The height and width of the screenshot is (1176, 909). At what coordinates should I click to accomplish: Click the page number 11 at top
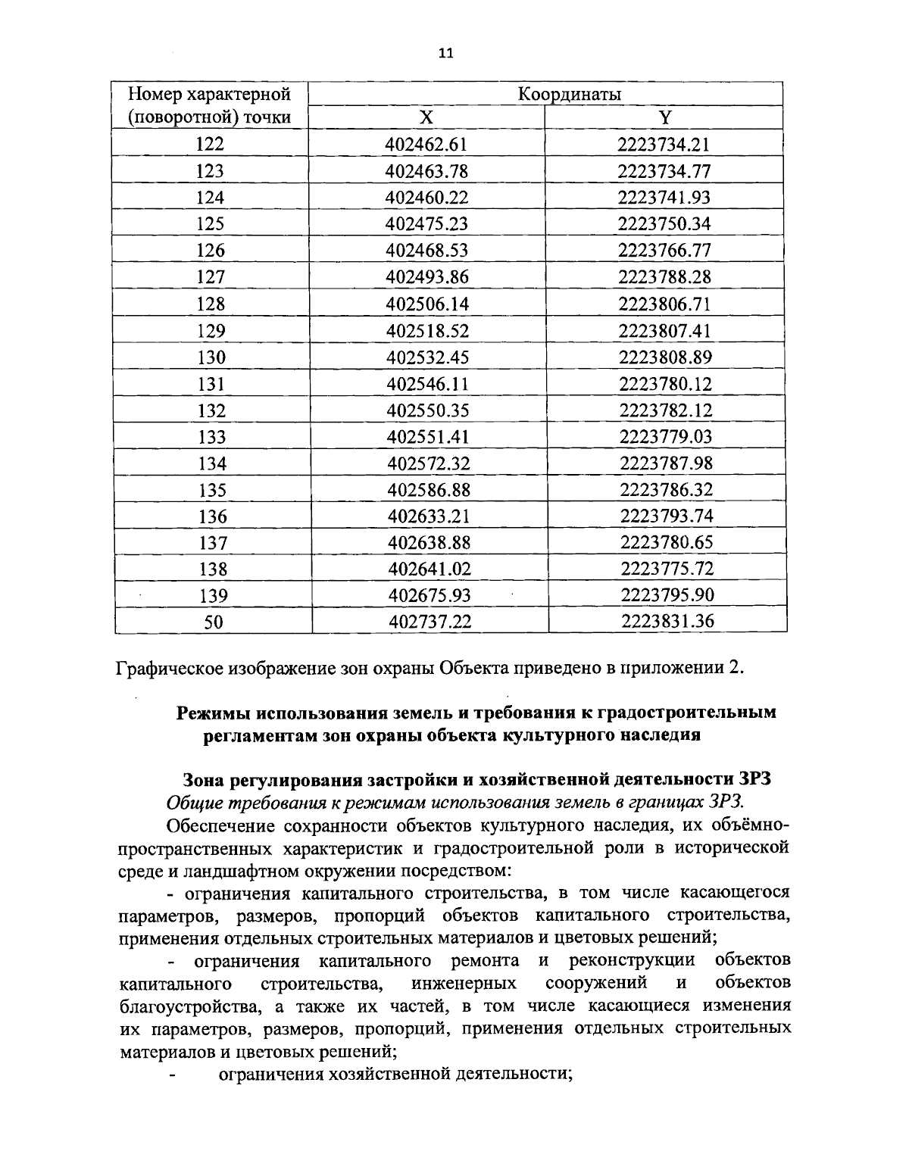pyautogui.click(x=445, y=53)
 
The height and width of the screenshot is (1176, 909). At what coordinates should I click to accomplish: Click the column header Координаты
pyautogui.click(x=569, y=94)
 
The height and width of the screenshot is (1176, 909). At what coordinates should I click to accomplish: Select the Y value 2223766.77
pyautogui.click(x=664, y=251)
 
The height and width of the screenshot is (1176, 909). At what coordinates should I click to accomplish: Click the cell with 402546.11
pyautogui.click(x=428, y=384)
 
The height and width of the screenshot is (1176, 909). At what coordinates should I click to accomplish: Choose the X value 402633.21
pyautogui.click(x=429, y=516)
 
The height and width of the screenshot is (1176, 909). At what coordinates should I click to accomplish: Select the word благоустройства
pyautogui.click(x=178, y=1006)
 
